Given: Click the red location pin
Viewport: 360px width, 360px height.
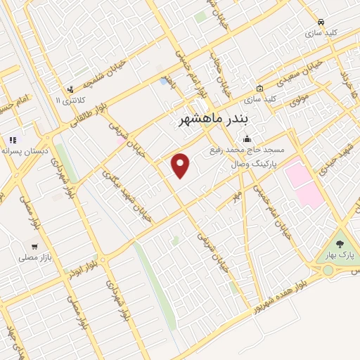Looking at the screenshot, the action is pyautogui.click(x=181, y=165).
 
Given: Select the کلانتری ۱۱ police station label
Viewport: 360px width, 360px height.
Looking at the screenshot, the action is pyautogui.click(x=68, y=101).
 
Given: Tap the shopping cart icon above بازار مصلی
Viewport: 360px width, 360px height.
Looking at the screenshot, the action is pyautogui.click(x=34, y=247).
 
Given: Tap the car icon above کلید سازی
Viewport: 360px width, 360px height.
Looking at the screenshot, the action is pyautogui.click(x=320, y=22).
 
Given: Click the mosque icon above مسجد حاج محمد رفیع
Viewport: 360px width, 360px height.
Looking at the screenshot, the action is pyautogui.click(x=245, y=139).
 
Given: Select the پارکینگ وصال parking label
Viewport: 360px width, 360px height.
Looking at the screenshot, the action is pyautogui.click(x=254, y=162).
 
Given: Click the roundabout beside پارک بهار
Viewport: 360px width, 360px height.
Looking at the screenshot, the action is pyautogui.click(x=328, y=270).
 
